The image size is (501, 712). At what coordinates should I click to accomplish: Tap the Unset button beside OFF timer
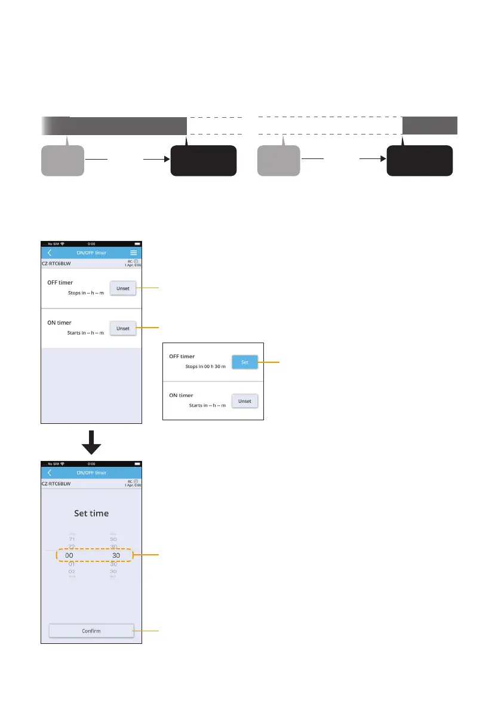tap(123, 288)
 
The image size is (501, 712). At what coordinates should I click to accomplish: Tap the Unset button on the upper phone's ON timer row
tap(123, 328)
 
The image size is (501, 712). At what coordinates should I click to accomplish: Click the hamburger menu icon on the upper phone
tap(134, 253)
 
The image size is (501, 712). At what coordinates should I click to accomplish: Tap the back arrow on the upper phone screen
tap(50, 253)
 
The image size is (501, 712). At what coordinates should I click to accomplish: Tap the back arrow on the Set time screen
tap(50, 473)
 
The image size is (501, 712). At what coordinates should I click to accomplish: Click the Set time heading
tap(91, 513)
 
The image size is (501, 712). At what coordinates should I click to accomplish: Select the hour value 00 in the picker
tap(69, 555)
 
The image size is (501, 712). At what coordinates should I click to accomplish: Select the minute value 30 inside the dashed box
tap(116, 555)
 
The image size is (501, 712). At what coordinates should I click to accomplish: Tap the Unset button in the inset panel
tap(245, 401)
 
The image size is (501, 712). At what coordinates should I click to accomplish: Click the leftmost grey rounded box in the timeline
tap(62, 161)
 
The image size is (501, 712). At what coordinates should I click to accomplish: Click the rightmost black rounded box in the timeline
tap(419, 161)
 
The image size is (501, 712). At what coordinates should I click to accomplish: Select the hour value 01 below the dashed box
tap(72, 564)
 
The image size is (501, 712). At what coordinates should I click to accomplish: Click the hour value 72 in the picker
tap(72, 546)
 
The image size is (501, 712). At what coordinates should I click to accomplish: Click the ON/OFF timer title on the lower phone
tap(91, 473)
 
